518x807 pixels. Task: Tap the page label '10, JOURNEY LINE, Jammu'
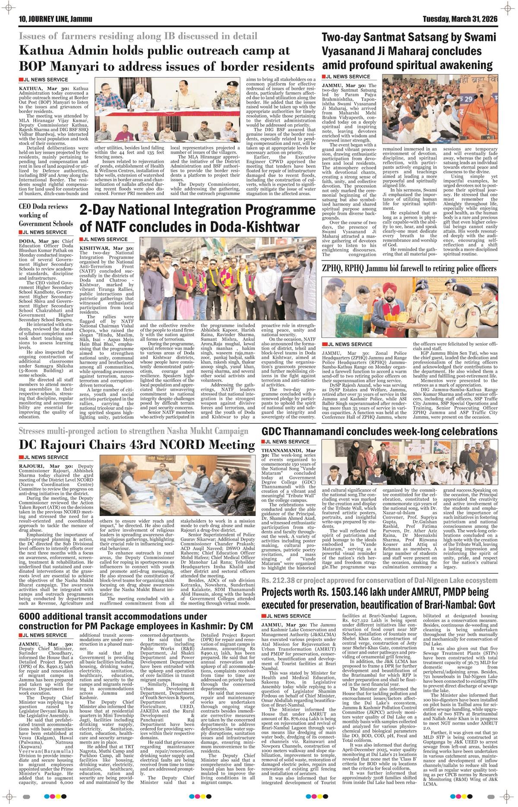[53, 19]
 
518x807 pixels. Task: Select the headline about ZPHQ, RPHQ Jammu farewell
[409, 268]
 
